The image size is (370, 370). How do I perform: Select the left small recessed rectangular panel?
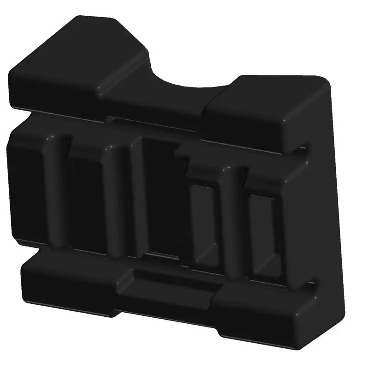203,222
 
